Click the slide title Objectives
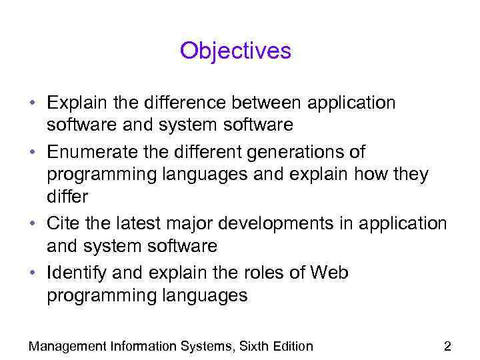(235, 51)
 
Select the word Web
(328, 273)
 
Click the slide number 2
(447, 346)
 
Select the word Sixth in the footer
(253, 346)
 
